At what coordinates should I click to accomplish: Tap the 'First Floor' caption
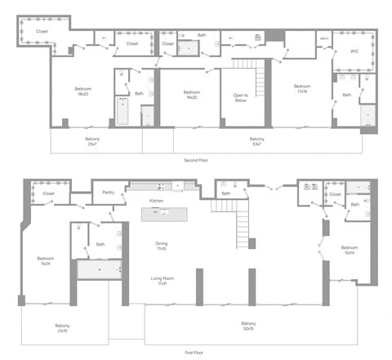pos(195,352)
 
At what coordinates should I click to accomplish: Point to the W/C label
pos(354,51)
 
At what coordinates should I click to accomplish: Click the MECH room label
pos(324,39)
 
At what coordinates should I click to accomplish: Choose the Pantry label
pos(109,193)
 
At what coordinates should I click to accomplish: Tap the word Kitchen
pos(157,200)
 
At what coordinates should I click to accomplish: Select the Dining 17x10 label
pos(162,246)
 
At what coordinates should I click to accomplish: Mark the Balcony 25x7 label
pos(93,141)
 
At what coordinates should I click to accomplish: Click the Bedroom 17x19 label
pos(301,88)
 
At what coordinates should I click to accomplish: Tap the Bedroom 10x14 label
pos(350,250)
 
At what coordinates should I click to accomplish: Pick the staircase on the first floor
pos(242,220)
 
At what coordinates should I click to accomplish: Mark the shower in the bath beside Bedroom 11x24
pos(99,268)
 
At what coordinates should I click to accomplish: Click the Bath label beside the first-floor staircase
pos(225,193)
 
